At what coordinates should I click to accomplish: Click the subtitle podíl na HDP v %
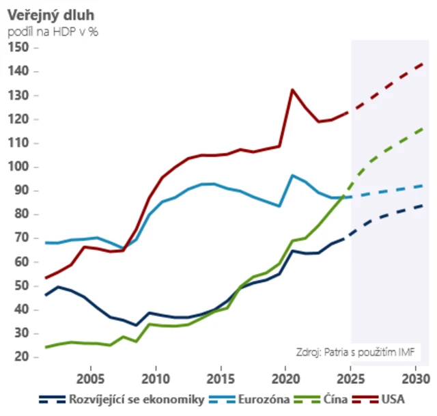pos(53,31)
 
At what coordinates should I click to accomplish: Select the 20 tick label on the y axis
pos(20,357)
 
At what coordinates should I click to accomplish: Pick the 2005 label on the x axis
pos(92,378)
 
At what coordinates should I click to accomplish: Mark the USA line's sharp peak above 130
pos(293,89)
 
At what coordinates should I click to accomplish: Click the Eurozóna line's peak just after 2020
pos(293,176)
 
